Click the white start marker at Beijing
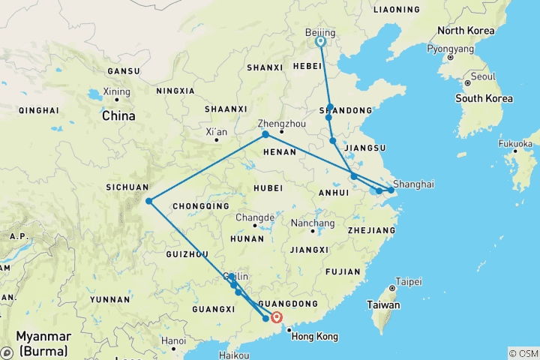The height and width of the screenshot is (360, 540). click(x=321, y=42)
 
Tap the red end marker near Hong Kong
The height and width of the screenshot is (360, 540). click(x=277, y=316)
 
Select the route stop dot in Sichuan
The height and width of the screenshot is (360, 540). click(x=149, y=200)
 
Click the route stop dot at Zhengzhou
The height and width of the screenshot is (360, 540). click(x=265, y=134)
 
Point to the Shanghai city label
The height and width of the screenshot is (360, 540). click(x=412, y=183)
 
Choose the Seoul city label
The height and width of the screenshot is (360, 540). click(x=484, y=76)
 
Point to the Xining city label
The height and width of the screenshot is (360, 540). click(x=117, y=91)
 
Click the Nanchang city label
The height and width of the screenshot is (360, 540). click(x=313, y=223)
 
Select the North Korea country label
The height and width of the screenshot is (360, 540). click(x=466, y=31)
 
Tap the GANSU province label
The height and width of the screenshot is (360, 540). click(x=124, y=71)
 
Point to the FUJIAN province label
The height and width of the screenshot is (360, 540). click(x=343, y=271)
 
